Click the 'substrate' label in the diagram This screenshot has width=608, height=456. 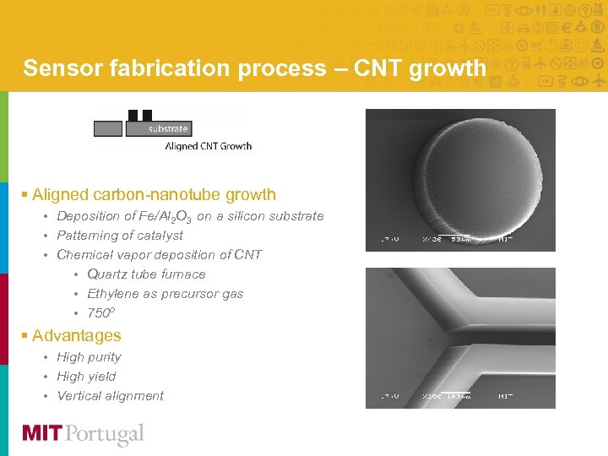(x=168, y=129)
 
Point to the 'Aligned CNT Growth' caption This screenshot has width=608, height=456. (x=208, y=146)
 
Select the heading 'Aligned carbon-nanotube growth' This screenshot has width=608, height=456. (x=154, y=194)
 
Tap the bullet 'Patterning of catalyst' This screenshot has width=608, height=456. (x=119, y=236)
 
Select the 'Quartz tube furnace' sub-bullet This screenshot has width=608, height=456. (x=146, y=274)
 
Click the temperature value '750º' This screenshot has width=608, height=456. (x=101, y=313)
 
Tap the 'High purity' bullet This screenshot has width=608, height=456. (x=89, y=357)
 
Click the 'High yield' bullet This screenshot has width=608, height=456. (x=86, y=377)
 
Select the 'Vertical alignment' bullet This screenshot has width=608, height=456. (x=110, y=396)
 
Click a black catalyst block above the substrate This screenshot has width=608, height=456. (x=133, y=116)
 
